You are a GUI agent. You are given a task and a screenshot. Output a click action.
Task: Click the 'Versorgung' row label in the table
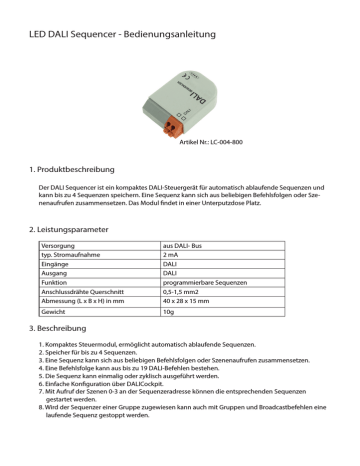[x=60, y=245]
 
